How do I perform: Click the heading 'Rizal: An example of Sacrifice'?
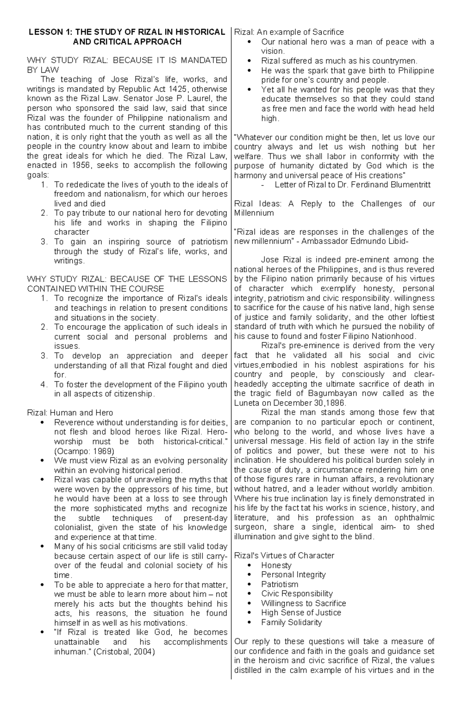click(289, 32)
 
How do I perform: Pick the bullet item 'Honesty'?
click(276, 565)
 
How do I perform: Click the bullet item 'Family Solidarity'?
click(291, 622)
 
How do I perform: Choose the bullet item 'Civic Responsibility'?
click(297, 594)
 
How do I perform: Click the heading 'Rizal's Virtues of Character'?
click(284, 556)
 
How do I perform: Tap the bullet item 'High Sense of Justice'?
click(301, 613)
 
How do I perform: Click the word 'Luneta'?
click(247, 403)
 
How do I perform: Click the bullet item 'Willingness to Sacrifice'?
click(303, 603)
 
